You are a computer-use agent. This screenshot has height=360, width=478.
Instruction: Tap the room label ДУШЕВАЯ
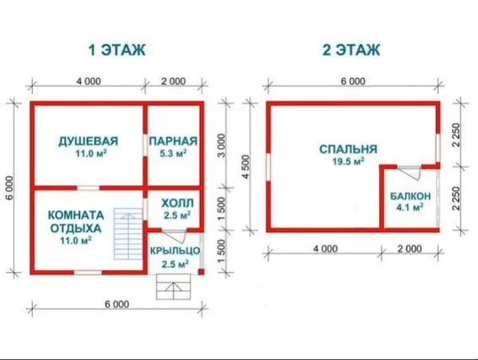click(88, 142)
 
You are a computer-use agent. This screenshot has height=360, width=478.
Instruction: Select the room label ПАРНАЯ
click(172, 142)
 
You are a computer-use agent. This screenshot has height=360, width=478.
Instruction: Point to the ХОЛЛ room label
click(171, 202)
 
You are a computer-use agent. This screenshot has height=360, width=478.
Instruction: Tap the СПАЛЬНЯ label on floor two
click(347, 149)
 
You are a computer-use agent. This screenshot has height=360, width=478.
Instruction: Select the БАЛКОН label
click(410, 196)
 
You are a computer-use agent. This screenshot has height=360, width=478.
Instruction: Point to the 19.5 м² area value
click(348, 161)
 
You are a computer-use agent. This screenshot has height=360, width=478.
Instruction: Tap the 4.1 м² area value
click(410, 208)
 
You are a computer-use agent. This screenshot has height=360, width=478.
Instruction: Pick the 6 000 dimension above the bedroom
click(352, 81)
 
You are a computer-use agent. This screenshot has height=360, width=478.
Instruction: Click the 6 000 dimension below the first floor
click(116, 304)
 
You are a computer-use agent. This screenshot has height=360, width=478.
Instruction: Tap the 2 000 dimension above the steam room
click(172, 81)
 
